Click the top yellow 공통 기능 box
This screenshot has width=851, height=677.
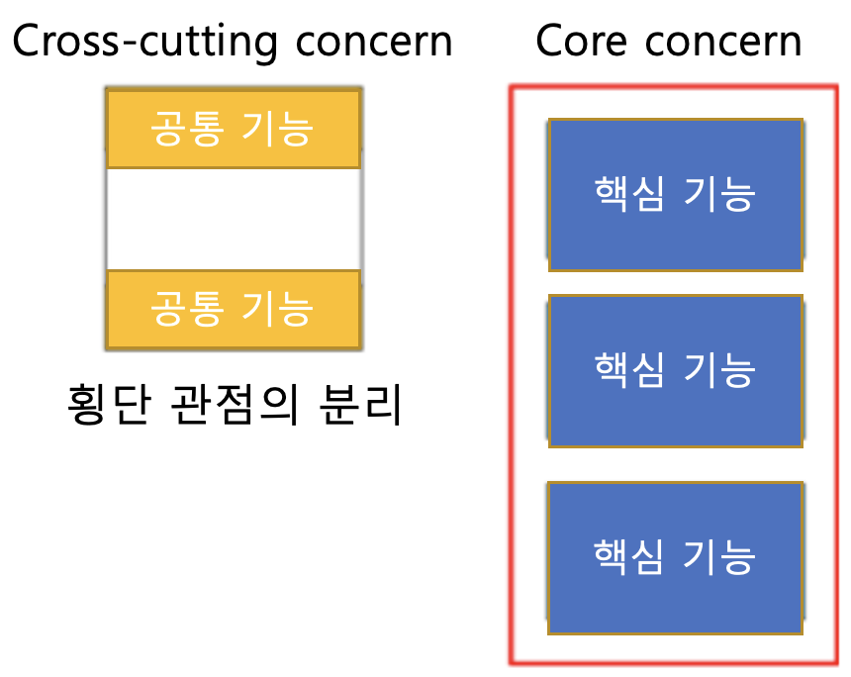coord(233,129)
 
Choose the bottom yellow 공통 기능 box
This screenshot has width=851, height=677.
coord(233,309)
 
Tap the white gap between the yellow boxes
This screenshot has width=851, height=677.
coord(233,219)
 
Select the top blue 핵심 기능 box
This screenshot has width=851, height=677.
coord(675,195)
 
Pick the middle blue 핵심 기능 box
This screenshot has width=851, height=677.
coord(675,370)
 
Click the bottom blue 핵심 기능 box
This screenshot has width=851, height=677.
coord(675,557)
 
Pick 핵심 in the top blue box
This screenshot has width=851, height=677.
coord(627,195)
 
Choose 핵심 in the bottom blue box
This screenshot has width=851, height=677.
coord(627,557)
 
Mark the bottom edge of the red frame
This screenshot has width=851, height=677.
coord(673,662)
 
